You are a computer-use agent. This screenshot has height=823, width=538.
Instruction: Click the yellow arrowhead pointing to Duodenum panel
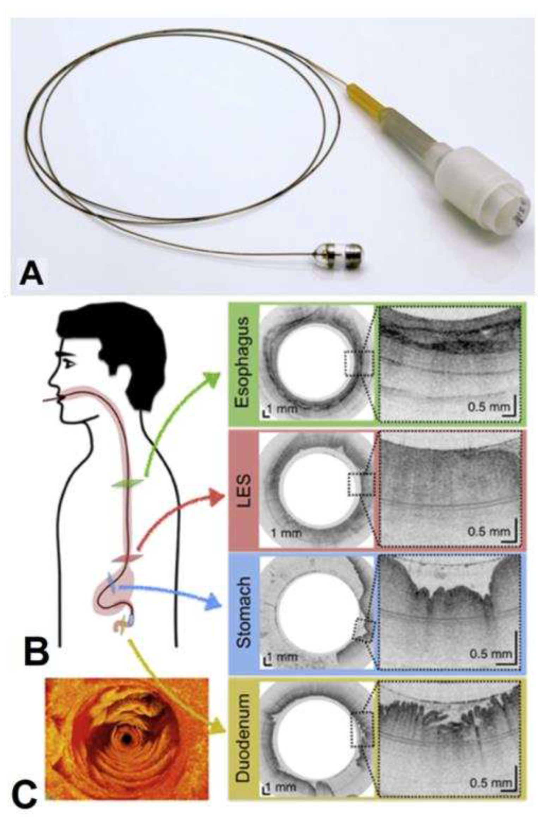(x=219, y=728)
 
